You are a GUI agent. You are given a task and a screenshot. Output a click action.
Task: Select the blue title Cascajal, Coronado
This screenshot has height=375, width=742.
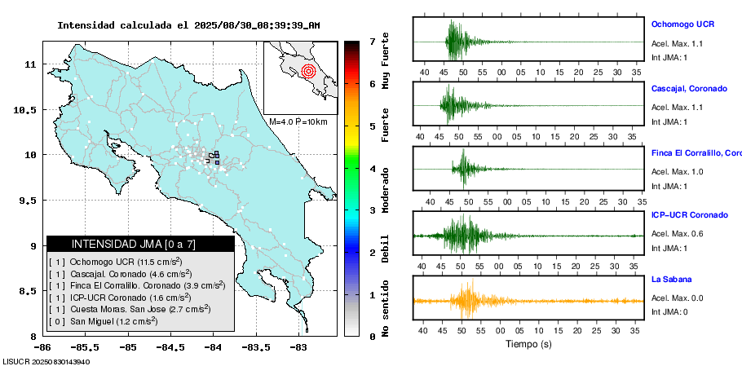point(689,87)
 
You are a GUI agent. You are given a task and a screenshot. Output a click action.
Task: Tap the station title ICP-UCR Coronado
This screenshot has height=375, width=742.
point(689,215)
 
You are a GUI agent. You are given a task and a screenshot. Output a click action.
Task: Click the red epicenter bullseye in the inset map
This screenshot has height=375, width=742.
point(307,71)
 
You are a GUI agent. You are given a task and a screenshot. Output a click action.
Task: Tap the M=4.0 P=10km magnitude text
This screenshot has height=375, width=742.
point(298,121)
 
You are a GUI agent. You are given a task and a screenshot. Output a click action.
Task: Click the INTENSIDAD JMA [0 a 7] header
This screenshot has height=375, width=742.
point(140,244)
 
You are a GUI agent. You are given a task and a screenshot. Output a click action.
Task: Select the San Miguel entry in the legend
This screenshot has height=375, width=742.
point(104,321)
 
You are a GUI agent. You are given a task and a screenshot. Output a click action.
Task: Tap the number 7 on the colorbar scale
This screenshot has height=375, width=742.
point(372,41)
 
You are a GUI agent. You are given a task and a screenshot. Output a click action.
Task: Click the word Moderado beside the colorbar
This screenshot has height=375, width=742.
point(386,189)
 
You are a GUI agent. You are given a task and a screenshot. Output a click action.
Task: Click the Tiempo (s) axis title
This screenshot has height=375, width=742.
point(528,344)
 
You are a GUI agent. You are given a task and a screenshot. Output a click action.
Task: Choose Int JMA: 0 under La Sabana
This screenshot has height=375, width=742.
point(669,311)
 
